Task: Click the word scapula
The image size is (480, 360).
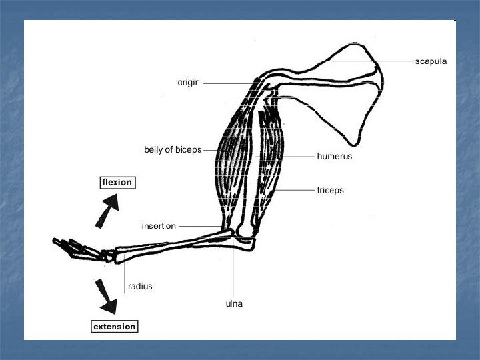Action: (431, 61)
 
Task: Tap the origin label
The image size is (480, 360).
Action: (189, 83)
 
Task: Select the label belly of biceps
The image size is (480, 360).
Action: (173, 149)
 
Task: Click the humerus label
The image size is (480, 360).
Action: (334, 157)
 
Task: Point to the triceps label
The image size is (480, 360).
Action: (331, 190)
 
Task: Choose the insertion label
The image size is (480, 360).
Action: (159, 226)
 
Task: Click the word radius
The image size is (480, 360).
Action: (140, 286)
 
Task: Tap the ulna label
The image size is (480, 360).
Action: (234, 304)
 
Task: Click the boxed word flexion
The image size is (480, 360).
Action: (117, 182)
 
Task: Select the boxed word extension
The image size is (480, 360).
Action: (114, 327)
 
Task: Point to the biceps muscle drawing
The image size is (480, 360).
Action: (233, 160)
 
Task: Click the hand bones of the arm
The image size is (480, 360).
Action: (77, 248)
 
